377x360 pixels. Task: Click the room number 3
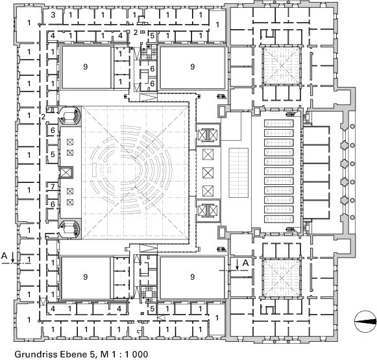click(53, 15)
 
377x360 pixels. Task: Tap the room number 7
click(53, 187)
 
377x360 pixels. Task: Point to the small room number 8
click(52, 110)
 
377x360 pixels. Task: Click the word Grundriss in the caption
click(36, 354)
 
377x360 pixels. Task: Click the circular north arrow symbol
click(365, 322)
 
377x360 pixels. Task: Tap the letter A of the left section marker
click(5, 256)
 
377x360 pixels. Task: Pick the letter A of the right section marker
click(245, 263)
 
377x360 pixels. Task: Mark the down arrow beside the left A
click(13, 257)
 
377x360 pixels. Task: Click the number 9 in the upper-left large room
click(86, 67)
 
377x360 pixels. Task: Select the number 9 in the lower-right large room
click(192, 277)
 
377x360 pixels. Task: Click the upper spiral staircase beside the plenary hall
click(70, 116)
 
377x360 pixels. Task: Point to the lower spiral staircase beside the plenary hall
click(69, 228)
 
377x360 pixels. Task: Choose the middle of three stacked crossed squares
click(208, 173)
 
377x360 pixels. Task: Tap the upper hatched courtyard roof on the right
click(282, 65)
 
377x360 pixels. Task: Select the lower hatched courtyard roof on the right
click(282, 278)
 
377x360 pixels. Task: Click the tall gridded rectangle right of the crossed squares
click(239, 173)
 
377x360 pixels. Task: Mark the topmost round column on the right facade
click(353, 126)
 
